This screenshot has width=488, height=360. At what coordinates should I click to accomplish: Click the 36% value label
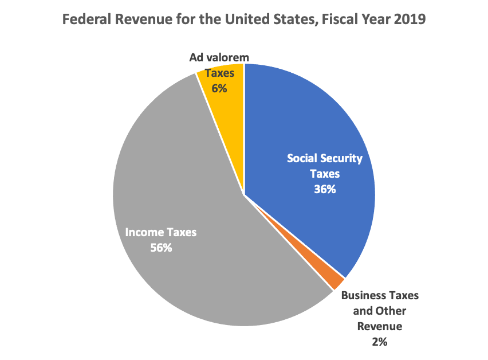pos(325,189)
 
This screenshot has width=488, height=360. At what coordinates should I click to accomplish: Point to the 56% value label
pos(160,248)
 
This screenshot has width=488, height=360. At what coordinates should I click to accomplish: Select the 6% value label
pos(219,89)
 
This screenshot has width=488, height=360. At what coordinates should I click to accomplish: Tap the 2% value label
pos(380,342)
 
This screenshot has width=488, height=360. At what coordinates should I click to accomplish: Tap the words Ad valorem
pos(219,58)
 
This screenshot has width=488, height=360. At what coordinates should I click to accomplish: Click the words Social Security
pos(325,158)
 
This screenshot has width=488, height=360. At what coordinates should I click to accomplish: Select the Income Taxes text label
pos(161,233)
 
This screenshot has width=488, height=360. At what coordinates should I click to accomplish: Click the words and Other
pos(380,311)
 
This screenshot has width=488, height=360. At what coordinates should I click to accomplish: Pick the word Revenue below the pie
pos(380,327)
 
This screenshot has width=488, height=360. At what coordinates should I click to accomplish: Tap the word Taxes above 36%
pos(325,174)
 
